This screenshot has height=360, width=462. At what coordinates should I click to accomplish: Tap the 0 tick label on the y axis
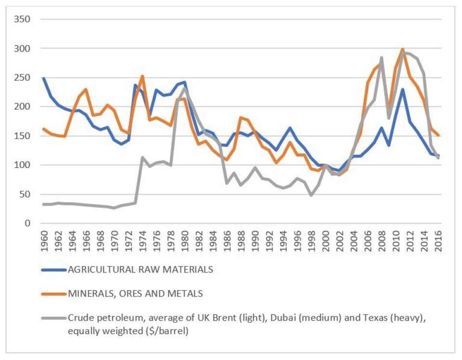(x=27, y=223)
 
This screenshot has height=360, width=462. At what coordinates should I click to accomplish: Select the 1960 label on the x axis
(x=44, y=239)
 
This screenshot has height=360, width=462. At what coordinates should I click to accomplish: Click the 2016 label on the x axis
(x=439, y=239)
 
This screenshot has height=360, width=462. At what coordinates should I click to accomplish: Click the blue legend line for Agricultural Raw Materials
(x=53, y=270)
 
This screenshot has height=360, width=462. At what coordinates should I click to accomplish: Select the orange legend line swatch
(x=53, y=294)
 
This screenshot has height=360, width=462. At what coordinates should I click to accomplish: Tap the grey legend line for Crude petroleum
(x=53, y=318)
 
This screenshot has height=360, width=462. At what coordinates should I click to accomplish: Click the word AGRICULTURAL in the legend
(x=97, y=270)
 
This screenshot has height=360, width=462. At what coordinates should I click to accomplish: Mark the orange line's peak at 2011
(x=403, y=49)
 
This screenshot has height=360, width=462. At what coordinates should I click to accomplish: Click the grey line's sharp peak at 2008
(x=382, y=57)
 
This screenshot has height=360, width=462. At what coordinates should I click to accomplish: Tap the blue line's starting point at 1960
(x=44, y=78)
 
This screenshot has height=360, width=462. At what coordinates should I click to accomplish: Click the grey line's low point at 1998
(x=311, y=195)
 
